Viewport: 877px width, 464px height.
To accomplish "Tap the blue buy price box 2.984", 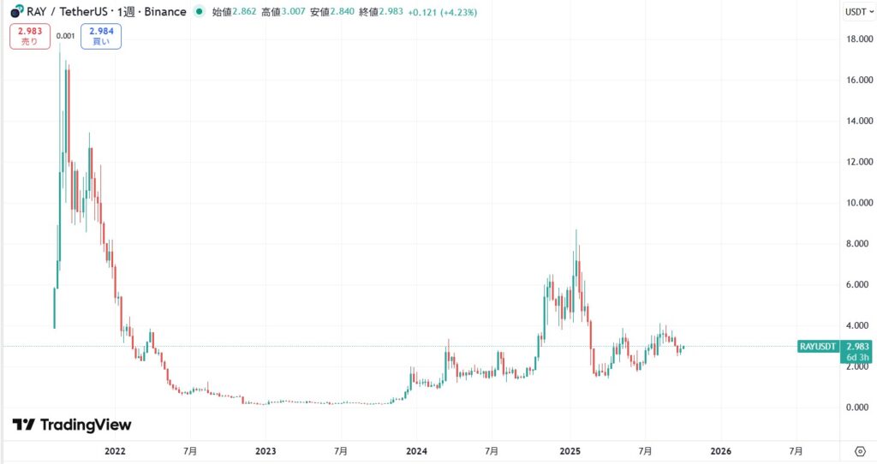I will [x=101, y=37].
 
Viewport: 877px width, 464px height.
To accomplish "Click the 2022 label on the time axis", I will [x=115, y=450].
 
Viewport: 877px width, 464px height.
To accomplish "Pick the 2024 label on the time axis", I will [x=416, y=450].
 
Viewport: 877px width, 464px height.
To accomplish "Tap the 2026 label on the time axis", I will [x=720, y=450].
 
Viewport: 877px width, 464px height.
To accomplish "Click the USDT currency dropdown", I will [x=858, y=12].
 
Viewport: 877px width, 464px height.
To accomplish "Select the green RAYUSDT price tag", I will [x=818, y=346].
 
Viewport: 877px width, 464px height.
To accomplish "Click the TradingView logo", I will [x=72, y=425].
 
